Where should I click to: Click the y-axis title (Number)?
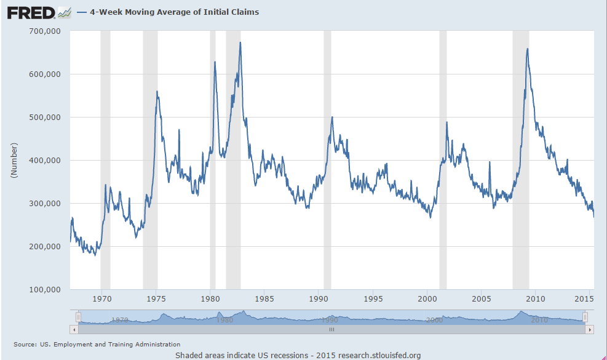tap(13, 160)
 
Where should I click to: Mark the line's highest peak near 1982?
tap(240, 42)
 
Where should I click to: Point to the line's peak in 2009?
tap(527, 49)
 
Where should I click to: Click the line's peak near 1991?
tap(332, 117)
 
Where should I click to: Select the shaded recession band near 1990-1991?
tap(327, 185)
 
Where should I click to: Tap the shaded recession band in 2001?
tap(443, 185)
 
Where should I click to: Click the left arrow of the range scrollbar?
tap(74, 330)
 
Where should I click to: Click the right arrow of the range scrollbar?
tap(590, 330)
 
